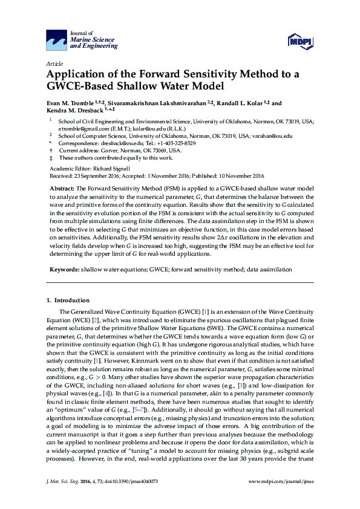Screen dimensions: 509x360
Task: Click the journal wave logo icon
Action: point(56,41)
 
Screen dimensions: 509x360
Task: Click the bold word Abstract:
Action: point(62,189)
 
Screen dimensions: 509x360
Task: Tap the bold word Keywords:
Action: point(64,266)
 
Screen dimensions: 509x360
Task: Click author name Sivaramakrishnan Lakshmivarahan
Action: point(159,103)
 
